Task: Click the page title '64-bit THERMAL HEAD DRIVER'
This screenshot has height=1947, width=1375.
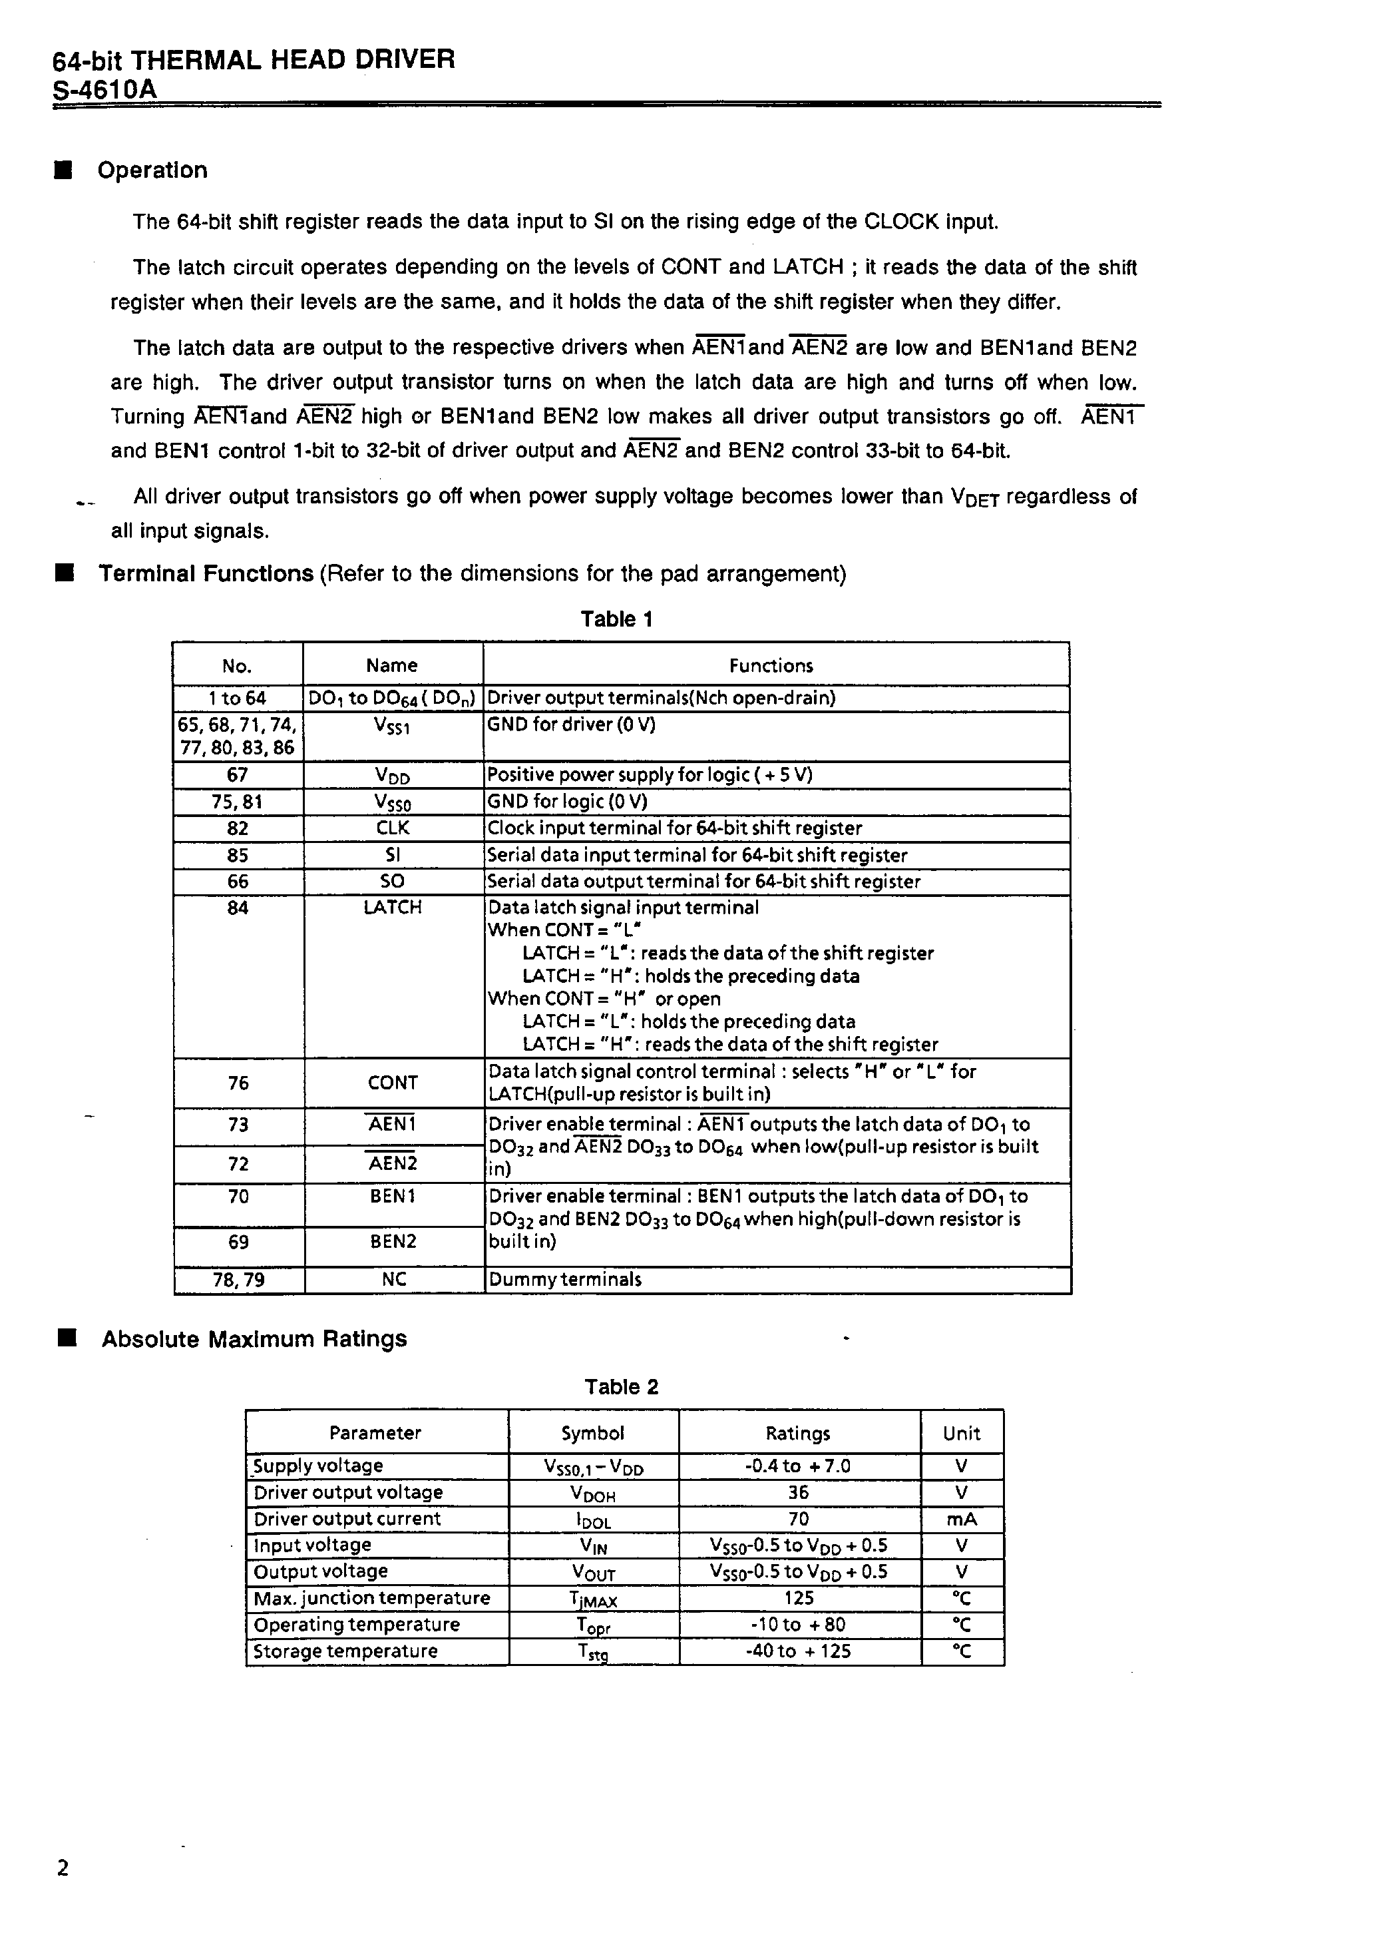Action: [x=254, y=59]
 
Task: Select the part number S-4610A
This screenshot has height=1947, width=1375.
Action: [x=105, y=89]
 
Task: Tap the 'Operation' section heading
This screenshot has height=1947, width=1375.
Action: [x=152, y=170]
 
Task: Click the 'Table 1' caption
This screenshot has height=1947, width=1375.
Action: [x=616, y=619]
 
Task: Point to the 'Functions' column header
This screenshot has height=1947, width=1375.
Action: [x=771, y=666]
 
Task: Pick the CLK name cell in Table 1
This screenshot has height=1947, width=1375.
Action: [x=393, y=828]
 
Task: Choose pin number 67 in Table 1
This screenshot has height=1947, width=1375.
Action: [x=238, y=775]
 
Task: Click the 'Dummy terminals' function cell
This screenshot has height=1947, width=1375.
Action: [x=564, y=1280]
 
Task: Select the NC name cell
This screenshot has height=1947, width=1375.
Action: [x=393, y=1280]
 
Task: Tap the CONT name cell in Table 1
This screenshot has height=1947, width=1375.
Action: [x=393, y=1083]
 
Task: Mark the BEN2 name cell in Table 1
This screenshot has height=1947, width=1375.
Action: [x=393, y=1243]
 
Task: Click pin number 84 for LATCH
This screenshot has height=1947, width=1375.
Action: [x=238, y=908]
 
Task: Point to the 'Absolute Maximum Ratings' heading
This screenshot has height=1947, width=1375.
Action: [x=254, y=1339]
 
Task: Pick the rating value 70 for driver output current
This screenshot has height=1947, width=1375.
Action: [x=799, y=1519]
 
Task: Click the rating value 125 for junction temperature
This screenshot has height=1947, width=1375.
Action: [x=799, y=1599]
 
